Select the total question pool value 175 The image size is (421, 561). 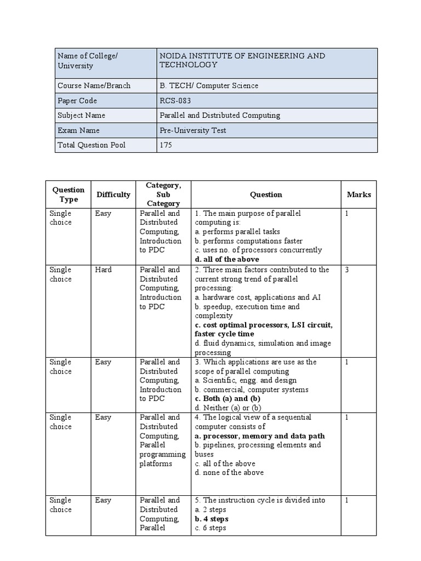(x=166, y=145)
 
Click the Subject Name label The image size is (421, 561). (x=81, y=116)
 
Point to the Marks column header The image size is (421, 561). (x=359, y=194)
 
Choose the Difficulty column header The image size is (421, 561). (x=113, y=194)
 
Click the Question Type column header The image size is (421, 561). (x=69, y=194)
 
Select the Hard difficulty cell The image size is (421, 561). (x=103, y=270)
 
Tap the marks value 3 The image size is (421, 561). (x=347, y=270)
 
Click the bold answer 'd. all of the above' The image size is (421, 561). (x=227, y=259)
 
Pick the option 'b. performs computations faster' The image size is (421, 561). (x=248, y=241)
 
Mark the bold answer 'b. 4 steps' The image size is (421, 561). (x=212, y=519)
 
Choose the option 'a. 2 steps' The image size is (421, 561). (x=210, y=510)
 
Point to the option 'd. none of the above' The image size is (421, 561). (x=229, y=472)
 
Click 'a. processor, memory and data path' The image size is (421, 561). (x=260, y=436)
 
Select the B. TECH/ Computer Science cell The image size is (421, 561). (x=208, y=85)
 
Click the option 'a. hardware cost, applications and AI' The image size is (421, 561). (x=258, y=297)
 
